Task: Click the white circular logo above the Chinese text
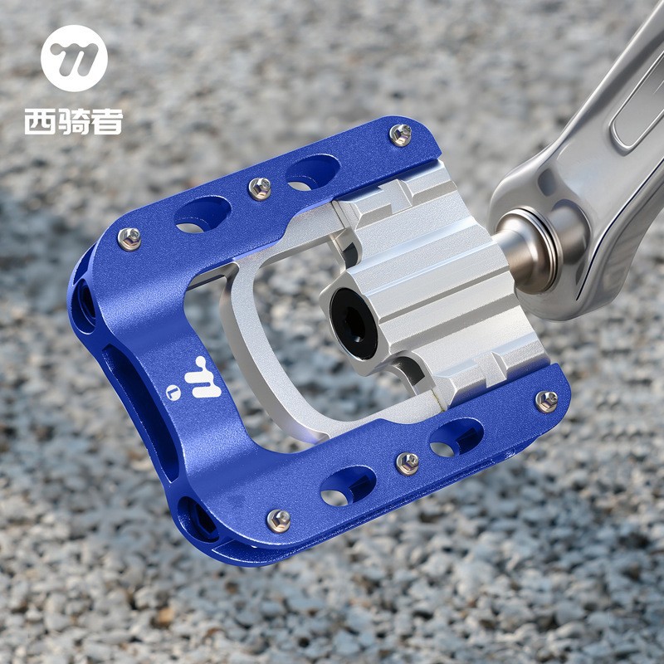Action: click(74, 58)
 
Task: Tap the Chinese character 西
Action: click(40, 122)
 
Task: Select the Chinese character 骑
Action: click(74, 122)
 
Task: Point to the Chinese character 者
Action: click(108, 122)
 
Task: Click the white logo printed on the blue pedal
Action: click(203, 378)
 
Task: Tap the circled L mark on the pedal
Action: click(173, 393)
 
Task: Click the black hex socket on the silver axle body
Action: click(354, 324)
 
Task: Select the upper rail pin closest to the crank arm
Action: click(400, 134)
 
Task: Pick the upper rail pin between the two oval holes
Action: click(260, 188)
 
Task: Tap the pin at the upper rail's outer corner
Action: click(129, 239)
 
